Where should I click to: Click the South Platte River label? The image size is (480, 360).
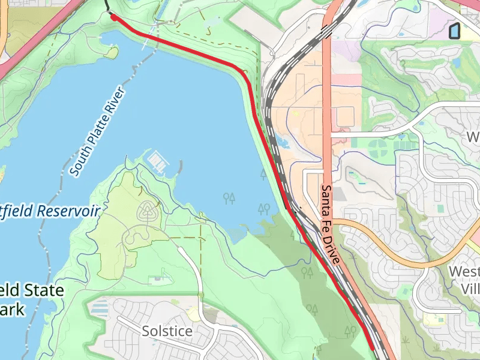coord(97,133)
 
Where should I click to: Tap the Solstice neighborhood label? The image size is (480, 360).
coord(167,331)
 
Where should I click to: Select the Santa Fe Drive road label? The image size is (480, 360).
coord(330,224)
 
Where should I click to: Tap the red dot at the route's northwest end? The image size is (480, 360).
coord(113,18)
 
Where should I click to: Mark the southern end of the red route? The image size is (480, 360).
coord(373,347)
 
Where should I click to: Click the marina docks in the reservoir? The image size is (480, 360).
coord(157,160)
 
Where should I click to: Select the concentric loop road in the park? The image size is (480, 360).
coord(147,211)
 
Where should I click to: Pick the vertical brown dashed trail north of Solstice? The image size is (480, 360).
coord(201,264)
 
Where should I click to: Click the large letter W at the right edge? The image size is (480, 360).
coord(473,137)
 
